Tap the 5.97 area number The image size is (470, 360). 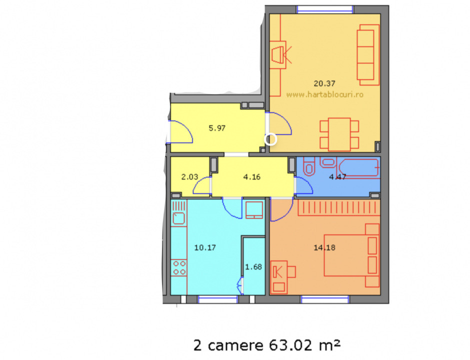217,127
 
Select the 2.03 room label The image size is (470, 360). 189,176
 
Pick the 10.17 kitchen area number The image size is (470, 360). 204,246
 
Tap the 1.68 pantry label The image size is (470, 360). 253,266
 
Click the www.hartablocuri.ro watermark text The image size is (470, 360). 325,94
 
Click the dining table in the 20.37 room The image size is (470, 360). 339,133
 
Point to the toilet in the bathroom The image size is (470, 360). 308,167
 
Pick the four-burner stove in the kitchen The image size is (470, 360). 179,267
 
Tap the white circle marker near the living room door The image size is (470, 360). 270,139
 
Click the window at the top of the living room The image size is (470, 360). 325,9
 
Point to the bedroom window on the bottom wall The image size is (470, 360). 324,299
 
